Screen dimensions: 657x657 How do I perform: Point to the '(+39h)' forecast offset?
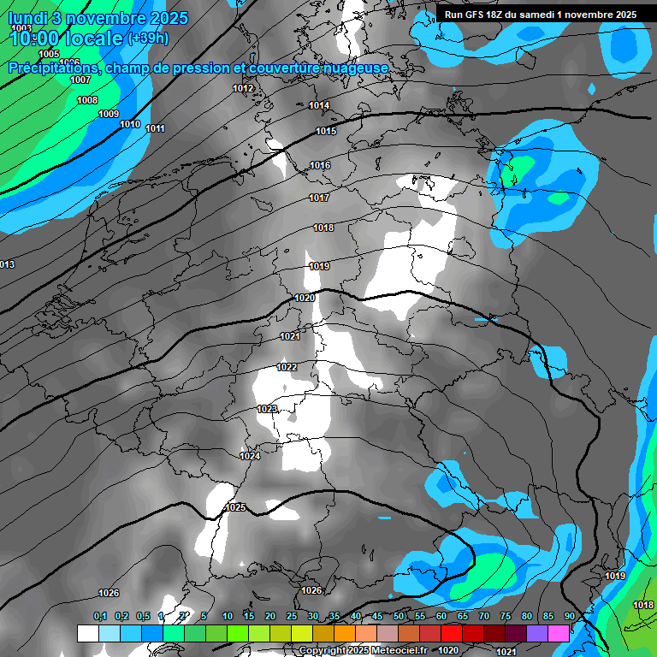coord(147,38)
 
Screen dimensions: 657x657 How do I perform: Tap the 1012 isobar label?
coord(243,89)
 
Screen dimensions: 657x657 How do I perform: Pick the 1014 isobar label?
coord(319,106)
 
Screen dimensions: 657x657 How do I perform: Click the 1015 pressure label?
coord(325,132)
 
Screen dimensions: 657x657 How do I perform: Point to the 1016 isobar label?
coord(320,166)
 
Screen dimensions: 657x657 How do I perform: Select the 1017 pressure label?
coord(319,198)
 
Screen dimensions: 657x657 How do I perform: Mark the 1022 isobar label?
coord(287,368)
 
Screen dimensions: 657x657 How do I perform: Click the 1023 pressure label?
coord(267,410)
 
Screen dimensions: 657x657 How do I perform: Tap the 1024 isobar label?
coord(250,457)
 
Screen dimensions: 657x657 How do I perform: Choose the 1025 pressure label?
coord(235,508)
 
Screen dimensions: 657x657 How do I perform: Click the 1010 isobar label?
coord(130,125)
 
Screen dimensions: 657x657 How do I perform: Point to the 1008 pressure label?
coord(87,101)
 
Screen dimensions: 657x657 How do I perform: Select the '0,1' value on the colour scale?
coord(99,617)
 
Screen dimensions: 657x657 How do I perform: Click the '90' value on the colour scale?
coord(569,617)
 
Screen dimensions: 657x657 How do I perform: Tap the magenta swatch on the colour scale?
coord(559,633)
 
